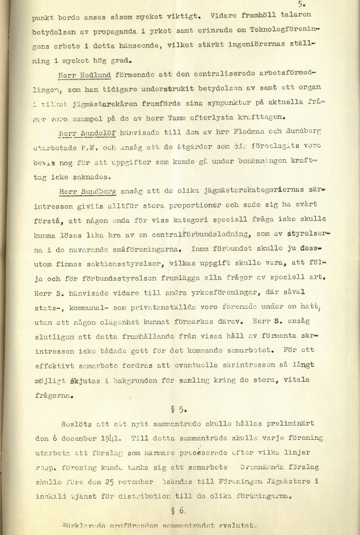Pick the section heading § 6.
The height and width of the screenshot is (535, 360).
pos(180,510)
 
